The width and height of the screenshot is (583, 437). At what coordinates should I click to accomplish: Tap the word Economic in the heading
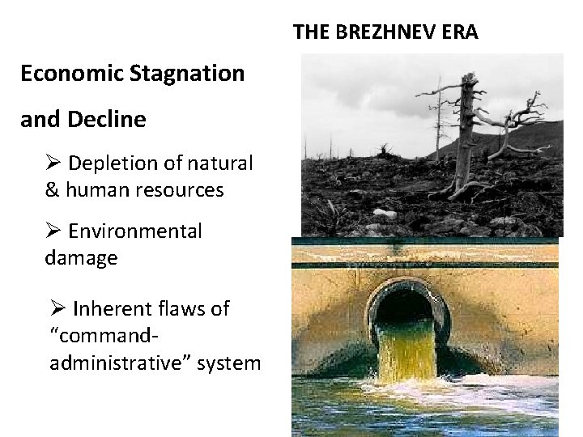click(x=71, y=74)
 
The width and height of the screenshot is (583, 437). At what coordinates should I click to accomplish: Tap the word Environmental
click(x=134, y=231)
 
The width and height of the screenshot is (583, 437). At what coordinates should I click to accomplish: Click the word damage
click(x=81, y=258)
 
